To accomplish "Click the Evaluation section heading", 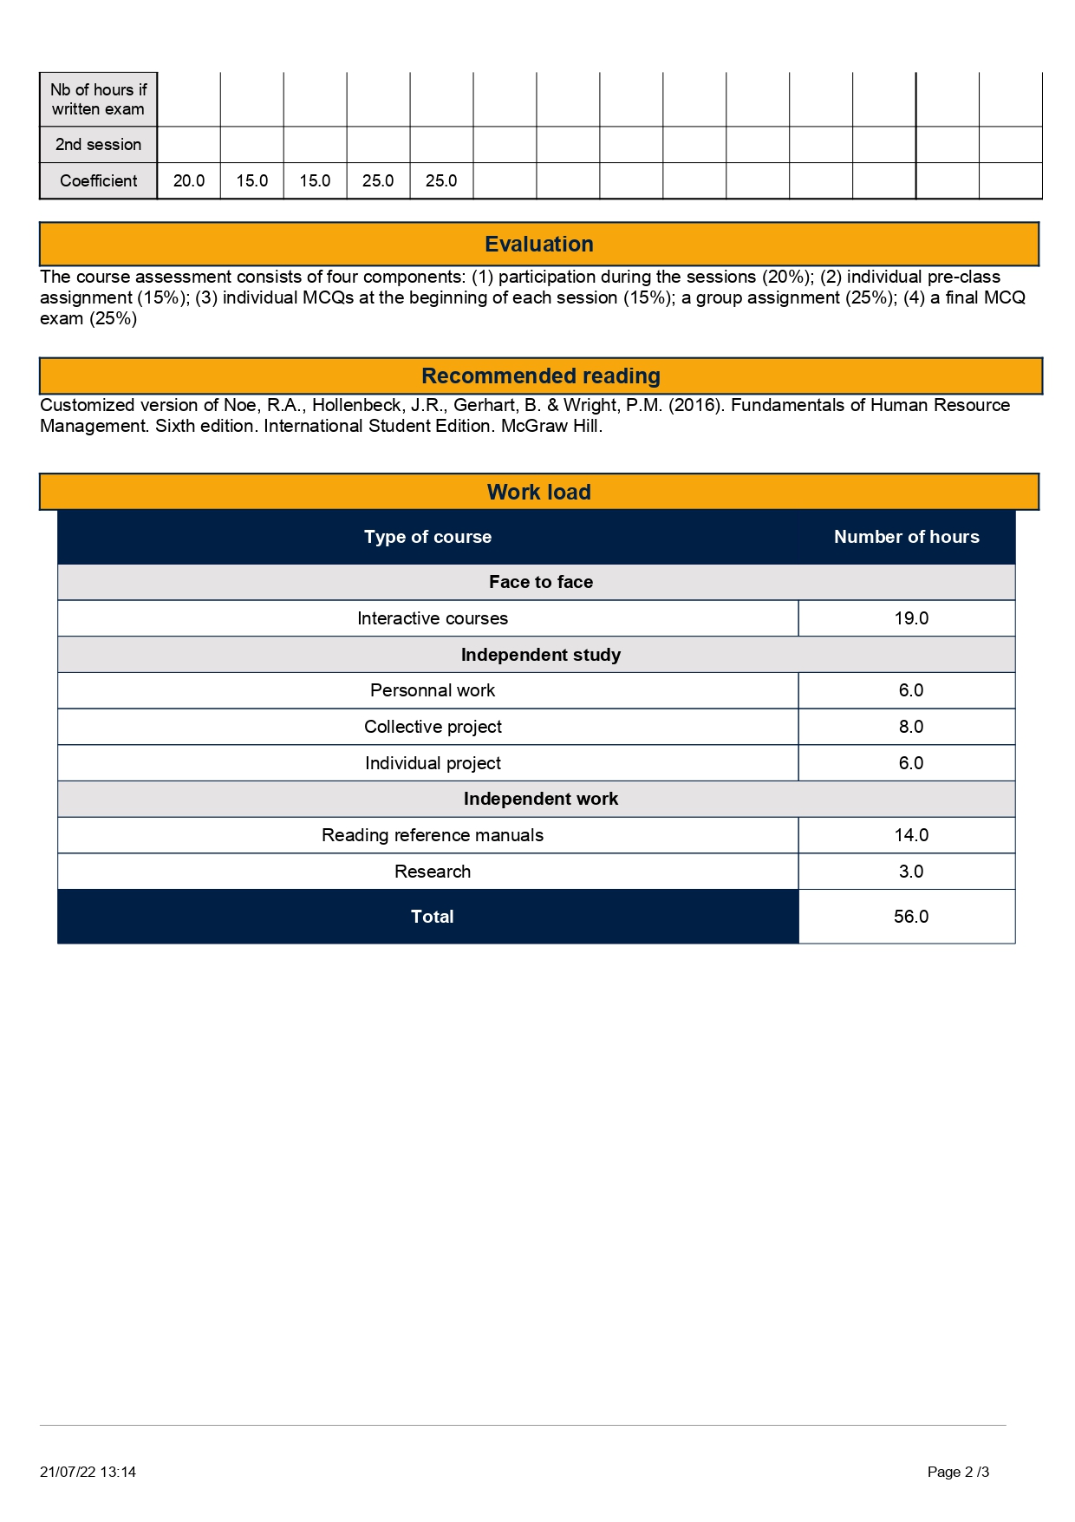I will coord(538,245).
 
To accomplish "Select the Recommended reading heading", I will coord(540,376).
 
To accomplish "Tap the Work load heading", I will coord(538,493).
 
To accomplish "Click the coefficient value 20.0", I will coord(189,181).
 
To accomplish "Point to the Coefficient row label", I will coord(98,181).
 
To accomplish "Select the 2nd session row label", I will coord(98,145).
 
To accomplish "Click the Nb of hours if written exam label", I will coord(98,100).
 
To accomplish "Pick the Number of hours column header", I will coord(906,537).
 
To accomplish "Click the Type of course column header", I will coord(427,537).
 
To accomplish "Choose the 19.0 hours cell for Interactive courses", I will coord(910,618).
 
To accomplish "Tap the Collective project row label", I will coord(433,727).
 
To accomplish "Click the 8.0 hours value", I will coord(910,727).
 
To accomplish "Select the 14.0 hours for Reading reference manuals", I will coord(910,835).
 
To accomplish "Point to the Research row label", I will coord(433,872).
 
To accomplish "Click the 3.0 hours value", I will coord(910,872).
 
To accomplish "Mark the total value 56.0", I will coord(910,917).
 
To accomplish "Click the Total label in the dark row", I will coord(432,917).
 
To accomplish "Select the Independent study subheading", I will coord(540,655).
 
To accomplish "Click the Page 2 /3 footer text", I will coord(958,1472).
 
